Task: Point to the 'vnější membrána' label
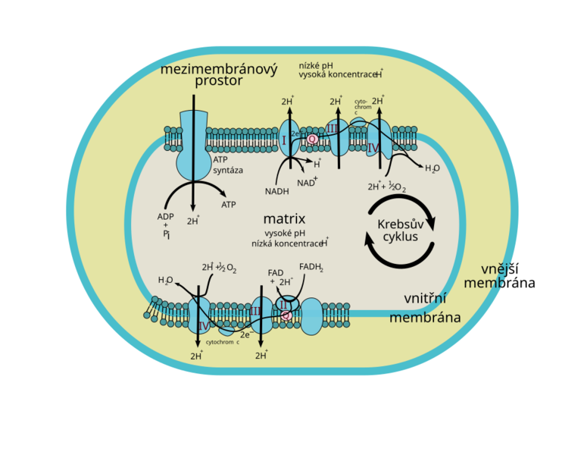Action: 499,276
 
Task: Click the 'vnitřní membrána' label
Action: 425,308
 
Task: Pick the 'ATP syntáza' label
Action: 227,165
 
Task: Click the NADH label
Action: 277,191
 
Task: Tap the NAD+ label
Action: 307,183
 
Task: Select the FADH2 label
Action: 311,267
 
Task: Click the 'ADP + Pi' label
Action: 166,226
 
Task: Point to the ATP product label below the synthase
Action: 228,205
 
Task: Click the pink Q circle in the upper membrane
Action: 312,139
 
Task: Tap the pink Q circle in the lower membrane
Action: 286,315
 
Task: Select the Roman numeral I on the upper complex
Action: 283,140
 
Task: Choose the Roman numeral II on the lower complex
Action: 285,305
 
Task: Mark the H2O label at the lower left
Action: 166,280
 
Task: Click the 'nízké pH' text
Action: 315,65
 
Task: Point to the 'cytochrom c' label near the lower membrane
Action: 222,342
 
